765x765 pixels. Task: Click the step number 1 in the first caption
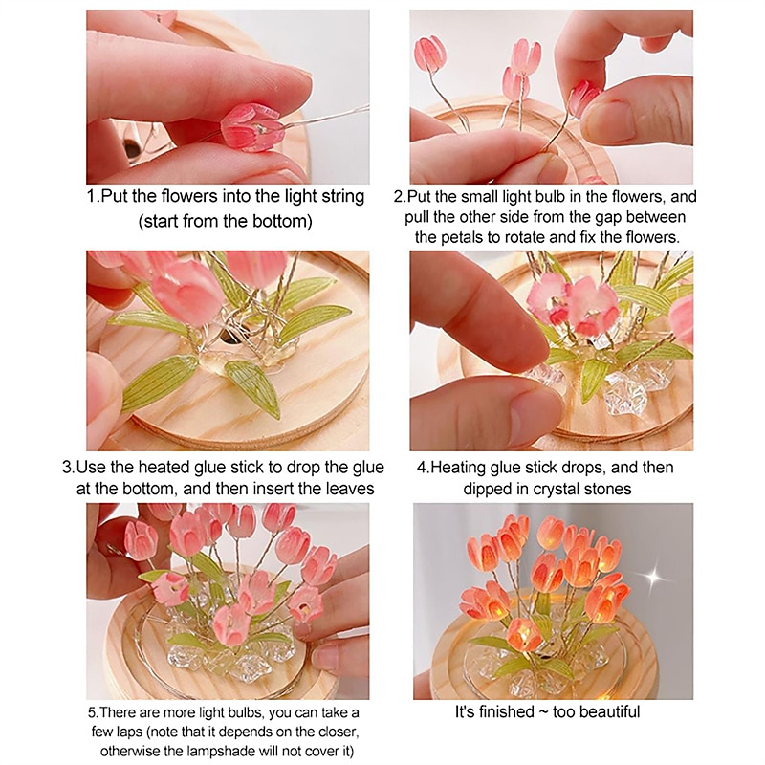90,197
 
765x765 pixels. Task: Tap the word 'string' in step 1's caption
343,197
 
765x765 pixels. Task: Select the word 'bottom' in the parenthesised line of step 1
279,221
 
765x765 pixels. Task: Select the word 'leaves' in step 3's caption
350,489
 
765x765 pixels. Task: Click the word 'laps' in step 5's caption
128,732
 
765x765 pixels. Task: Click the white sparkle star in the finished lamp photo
653,578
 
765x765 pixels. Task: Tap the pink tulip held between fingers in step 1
251,127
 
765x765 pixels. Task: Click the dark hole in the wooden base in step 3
229,335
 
